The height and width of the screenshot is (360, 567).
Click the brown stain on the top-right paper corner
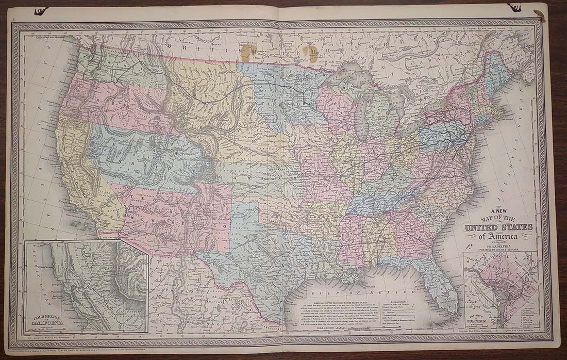[x=540, y=15]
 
